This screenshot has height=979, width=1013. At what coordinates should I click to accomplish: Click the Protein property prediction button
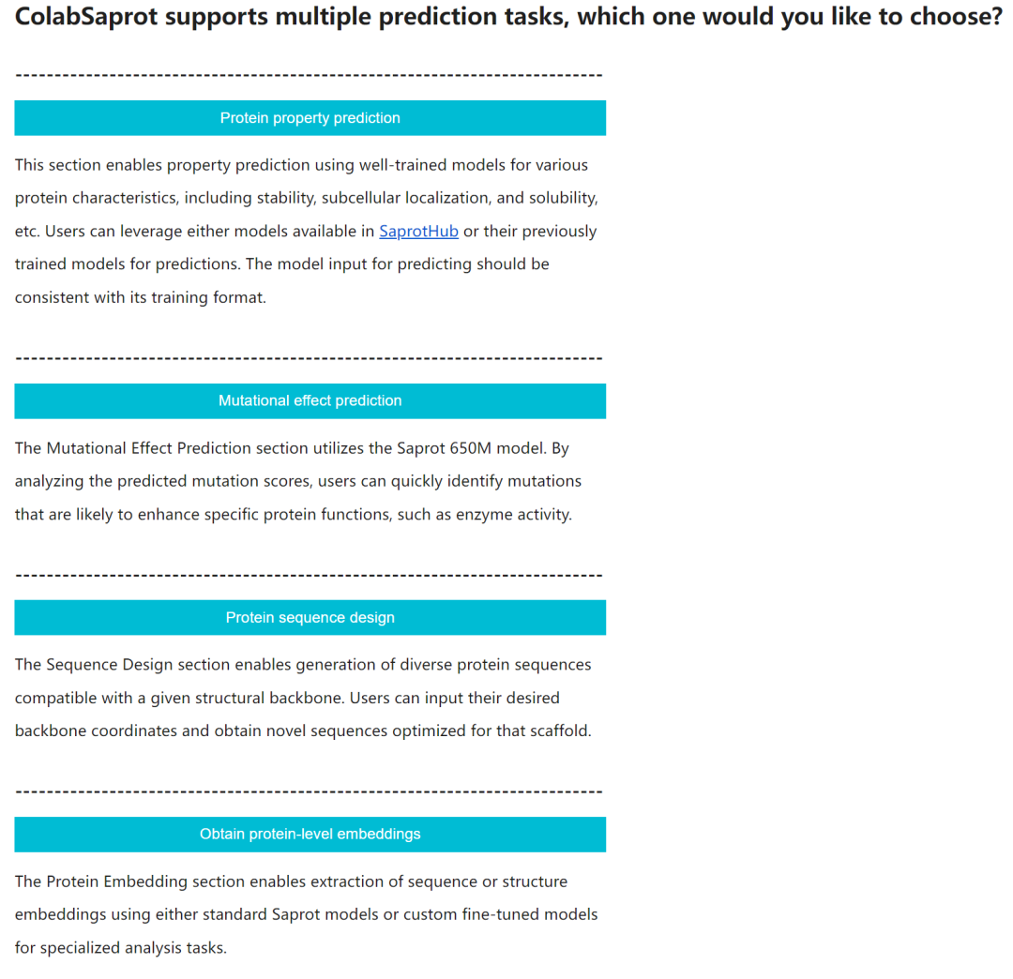(x=310, y=118)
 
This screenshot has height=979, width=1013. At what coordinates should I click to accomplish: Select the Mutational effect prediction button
(x=310, y=400)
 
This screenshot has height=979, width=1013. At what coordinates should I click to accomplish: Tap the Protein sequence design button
(x=310, y=617)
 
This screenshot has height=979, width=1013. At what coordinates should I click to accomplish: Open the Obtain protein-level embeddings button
(x=310, y=834)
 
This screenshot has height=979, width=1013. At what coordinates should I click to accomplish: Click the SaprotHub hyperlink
(x=418, y=232)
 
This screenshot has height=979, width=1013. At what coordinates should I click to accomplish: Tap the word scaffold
(x=557, y=731)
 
